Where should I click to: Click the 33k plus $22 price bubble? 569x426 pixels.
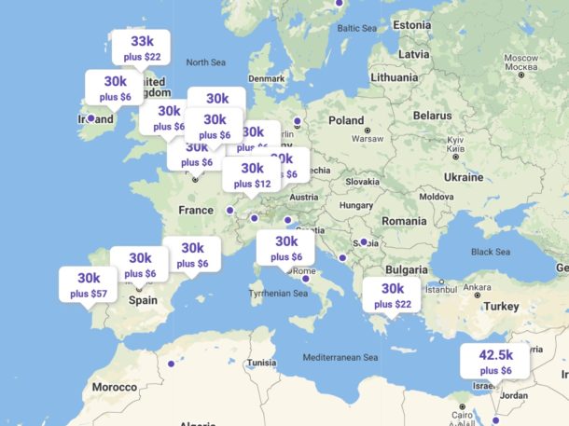click(141, 48)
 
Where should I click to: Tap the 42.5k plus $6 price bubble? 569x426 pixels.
click(494, 362)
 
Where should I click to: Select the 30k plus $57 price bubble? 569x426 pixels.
click(89, 284)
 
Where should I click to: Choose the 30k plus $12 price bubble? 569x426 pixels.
click(252, 175)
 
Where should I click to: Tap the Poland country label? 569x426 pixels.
click(345, 120)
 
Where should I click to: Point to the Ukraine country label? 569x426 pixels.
click(464, 176)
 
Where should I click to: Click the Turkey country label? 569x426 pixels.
click(501, 306)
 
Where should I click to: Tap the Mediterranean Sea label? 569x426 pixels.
click(340, 357)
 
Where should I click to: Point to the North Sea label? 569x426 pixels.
click(206, 62)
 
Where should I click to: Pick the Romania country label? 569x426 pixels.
click(402, 220)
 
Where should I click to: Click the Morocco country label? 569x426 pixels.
click(114, 386)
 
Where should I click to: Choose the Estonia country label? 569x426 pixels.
click(411, 24)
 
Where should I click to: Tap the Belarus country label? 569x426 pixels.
click(432, 115)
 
